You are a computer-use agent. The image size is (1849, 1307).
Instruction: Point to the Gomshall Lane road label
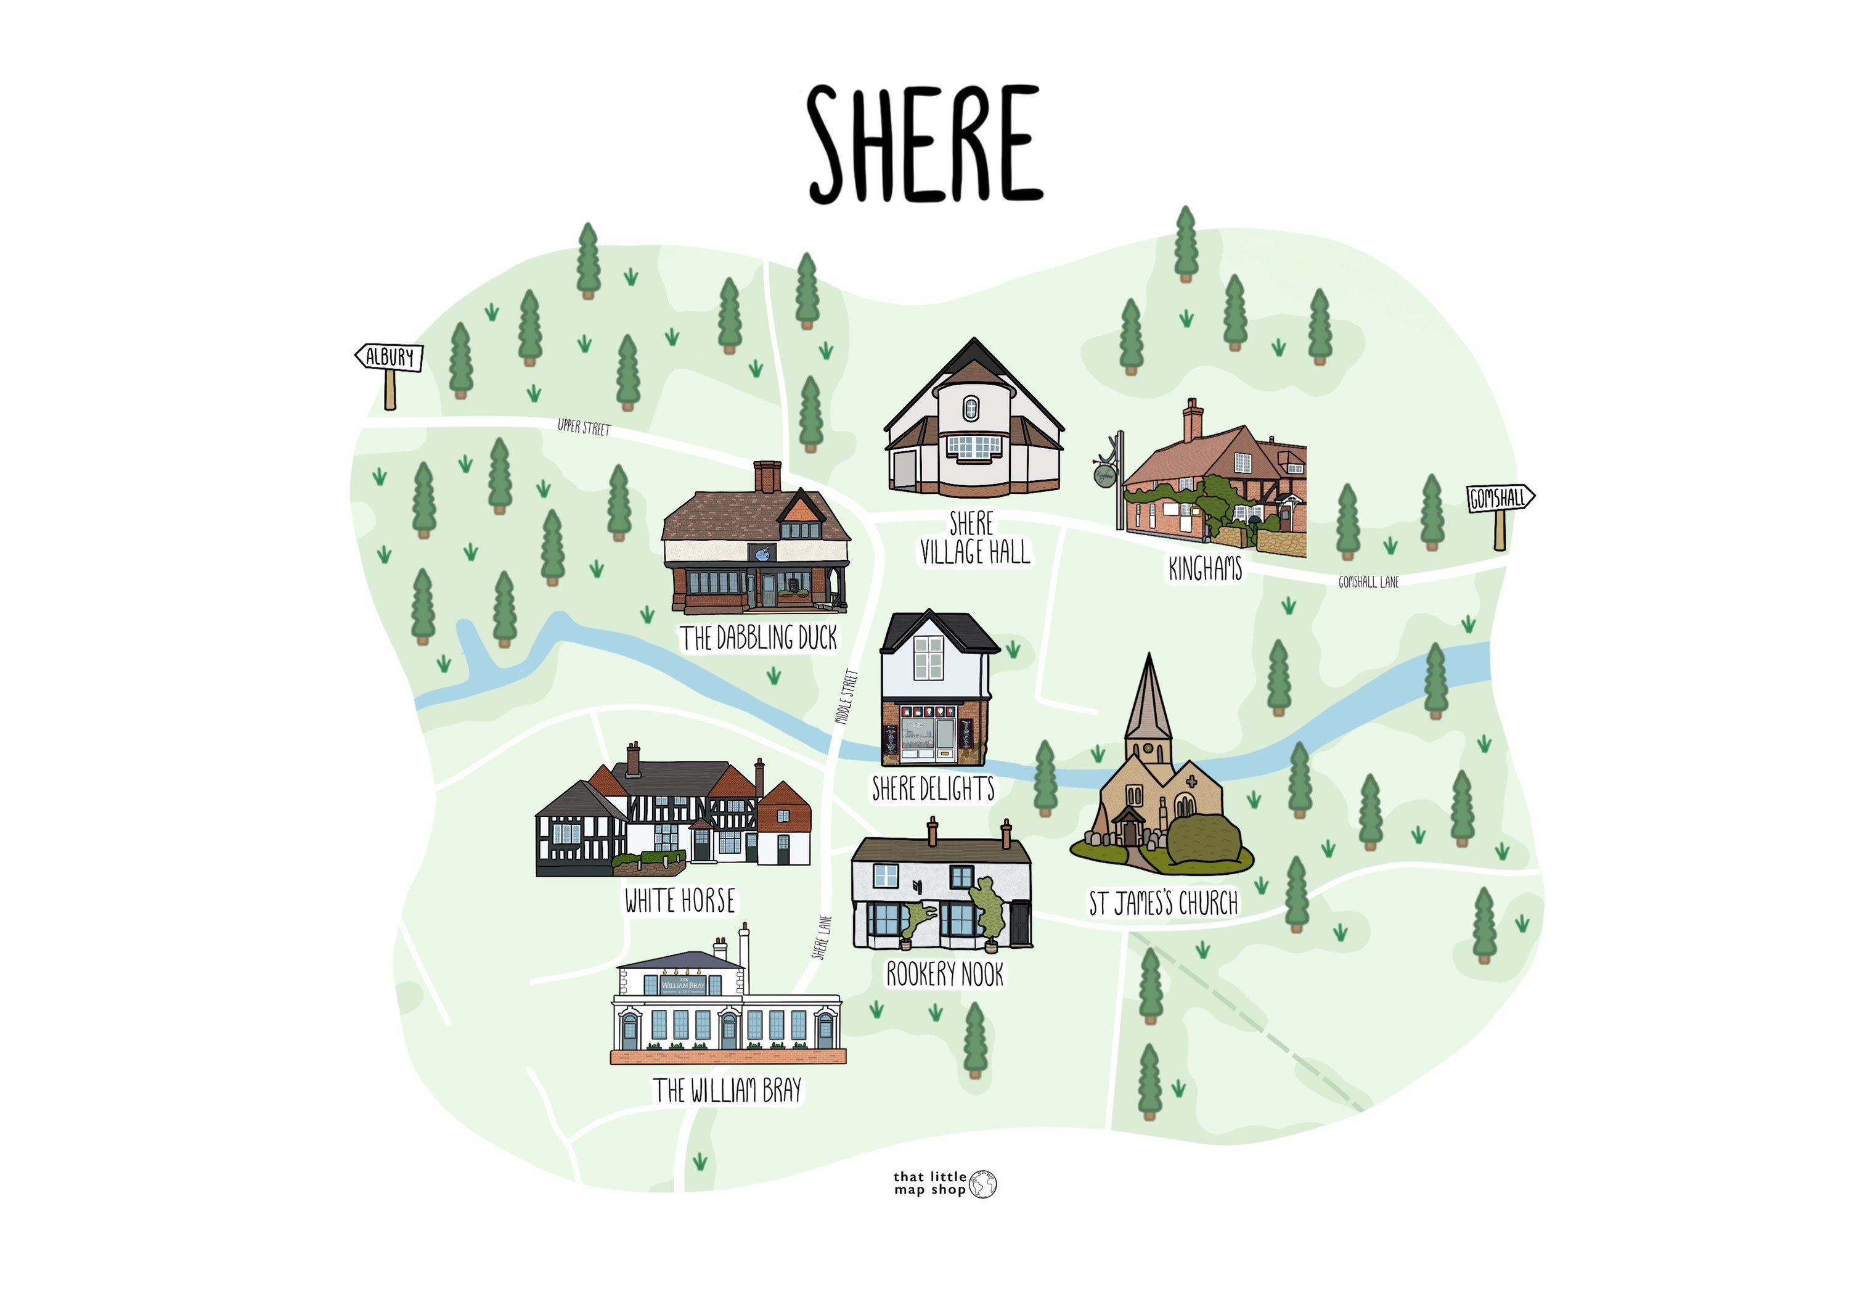(x=1368, y=582)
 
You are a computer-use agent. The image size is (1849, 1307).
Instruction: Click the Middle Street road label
(x=846, y=697)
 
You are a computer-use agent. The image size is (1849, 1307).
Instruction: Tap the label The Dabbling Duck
(x=759, y=638)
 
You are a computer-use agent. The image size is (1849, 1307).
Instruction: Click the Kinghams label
(x=1205, y=569)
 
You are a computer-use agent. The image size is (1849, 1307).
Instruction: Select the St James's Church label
(x=1163, y=904)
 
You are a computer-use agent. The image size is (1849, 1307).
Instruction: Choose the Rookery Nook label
(x=945, y=975)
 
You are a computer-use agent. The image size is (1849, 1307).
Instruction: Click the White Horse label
(x=680, y=900)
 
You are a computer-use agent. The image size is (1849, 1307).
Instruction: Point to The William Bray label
(x=727, y=1091)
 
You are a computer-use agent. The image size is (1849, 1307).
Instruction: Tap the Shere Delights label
(x=933, y=789)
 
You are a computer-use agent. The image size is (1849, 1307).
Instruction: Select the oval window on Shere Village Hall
(x=971, y=408)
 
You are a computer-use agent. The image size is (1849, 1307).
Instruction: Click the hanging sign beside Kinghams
(x=1105, y=475)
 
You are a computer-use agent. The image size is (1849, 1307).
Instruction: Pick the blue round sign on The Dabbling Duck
(x=761, y=553)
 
